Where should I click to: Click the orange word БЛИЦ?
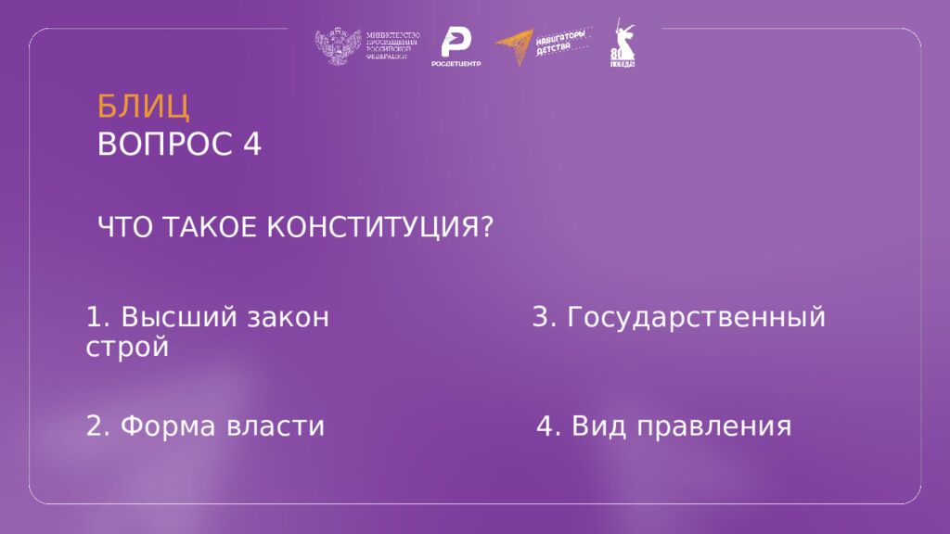pyautogui.click(x=143, y=108)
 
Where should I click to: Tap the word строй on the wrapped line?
pyautogui.click(x=127, y=348)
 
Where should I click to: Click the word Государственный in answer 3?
pyautogui.click(x=696, y=318)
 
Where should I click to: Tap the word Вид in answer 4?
pyautogui.click(x=597, y=426)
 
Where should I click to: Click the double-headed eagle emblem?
pyautogui.click(x=338, y=47)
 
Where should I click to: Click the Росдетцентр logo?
pyautogui.click(x=456, y=47)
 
